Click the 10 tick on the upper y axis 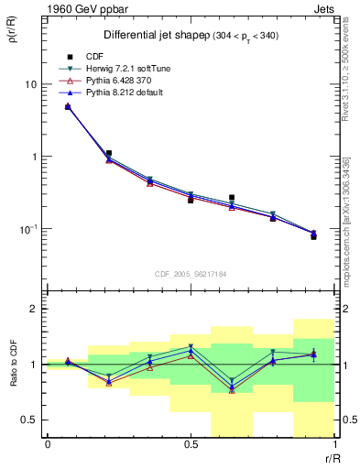tap(29, 83)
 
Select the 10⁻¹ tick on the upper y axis tap(27, 229)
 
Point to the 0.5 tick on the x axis tap(190, 444)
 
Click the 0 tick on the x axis tap(47, 444)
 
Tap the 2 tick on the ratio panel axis tap(34, 309)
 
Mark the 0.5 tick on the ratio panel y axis tap(29, 420)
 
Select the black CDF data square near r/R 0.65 tap(232, 197)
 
